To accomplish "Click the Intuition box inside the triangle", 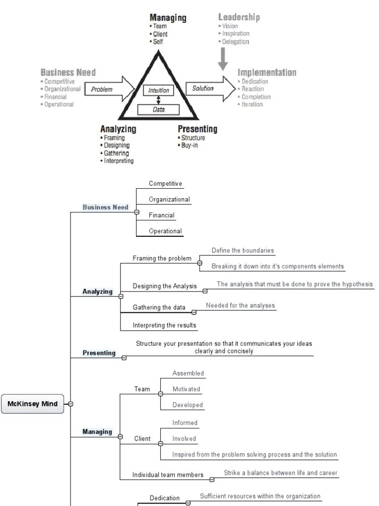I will click(159, 90).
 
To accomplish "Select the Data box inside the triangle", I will click(158, 110).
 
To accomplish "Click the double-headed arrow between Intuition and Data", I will click(158, 100).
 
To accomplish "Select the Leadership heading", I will click(239, 17).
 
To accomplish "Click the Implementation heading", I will click(267, 73).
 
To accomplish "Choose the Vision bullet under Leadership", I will click(229, 26).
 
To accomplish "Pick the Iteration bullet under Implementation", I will click(252, 104).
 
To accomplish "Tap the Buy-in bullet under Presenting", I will click(189, 146).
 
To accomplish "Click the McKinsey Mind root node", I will click(33, 404).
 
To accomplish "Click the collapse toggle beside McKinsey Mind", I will click(71, 404).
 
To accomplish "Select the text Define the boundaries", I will click(243, 251).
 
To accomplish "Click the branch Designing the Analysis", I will click(164, 286).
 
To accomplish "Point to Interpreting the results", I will click(164, 325).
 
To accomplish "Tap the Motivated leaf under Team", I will click(187, 389).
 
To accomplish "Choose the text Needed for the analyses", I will click(240, 305).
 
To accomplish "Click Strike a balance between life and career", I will click(280, 473).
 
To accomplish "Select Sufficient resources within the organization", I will click(260, 496).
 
